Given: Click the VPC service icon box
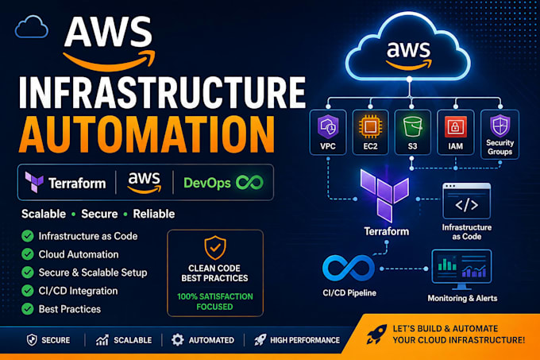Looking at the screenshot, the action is [x=328, y=133].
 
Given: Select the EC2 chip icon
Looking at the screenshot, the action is [x=370, y=126].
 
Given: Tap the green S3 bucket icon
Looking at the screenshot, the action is [x=413, y=127].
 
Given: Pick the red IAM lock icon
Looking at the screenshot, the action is [x=455, y=127].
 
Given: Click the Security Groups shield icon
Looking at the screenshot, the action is [x=499, y=126].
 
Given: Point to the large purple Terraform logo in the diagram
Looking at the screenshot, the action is [x=384, y=195].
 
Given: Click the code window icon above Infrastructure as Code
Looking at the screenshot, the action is [x=467, y=201].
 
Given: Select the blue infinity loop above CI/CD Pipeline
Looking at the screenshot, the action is [x=349, y=269].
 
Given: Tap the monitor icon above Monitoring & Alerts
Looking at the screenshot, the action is [x=461, y=269].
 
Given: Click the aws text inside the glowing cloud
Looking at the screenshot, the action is [x=408, y=51].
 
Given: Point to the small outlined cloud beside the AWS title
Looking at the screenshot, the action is [x=31, y=26].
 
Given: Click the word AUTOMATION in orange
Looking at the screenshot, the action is [x=147, y=134].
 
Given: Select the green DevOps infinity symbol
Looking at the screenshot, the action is [x=249, y=183].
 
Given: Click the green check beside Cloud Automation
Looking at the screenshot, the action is [x=28, y=254].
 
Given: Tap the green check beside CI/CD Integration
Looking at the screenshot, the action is [x=28, y=291].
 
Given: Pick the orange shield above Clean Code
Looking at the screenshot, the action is [x=215, y=248].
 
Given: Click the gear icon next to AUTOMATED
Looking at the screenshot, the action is [x=178, y=340].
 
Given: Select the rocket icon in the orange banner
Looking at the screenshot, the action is [x=376, y=334].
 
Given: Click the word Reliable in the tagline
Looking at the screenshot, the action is [x=154, y=214].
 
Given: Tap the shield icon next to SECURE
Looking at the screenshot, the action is [x=32, y=340].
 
